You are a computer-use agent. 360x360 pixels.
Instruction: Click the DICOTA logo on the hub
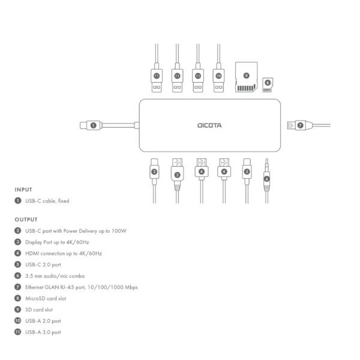click(x=209, y=125)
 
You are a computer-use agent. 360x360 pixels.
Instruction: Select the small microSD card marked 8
click(x=267, y=84)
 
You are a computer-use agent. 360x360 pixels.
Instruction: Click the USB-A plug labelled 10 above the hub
click(x=218, y=80)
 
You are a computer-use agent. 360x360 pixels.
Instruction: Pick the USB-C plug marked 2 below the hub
click(x=154, y=170)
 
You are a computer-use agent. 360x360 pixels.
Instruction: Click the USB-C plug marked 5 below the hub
click(x=246, y=170)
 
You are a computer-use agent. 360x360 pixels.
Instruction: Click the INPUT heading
click(x=23, y=189)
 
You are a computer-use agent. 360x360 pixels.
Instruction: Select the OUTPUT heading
click(x=26, y=220)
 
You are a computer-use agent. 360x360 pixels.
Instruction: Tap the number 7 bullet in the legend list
click(x=18, y=287)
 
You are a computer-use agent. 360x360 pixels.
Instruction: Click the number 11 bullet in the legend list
click(x=18, y=332)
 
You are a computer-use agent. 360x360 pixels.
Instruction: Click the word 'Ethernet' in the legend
click(x=36, y=287)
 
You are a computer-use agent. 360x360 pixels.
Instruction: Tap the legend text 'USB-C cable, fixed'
click(x=47, y=201)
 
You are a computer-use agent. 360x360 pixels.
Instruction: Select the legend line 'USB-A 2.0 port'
click(x=43, y=321)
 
